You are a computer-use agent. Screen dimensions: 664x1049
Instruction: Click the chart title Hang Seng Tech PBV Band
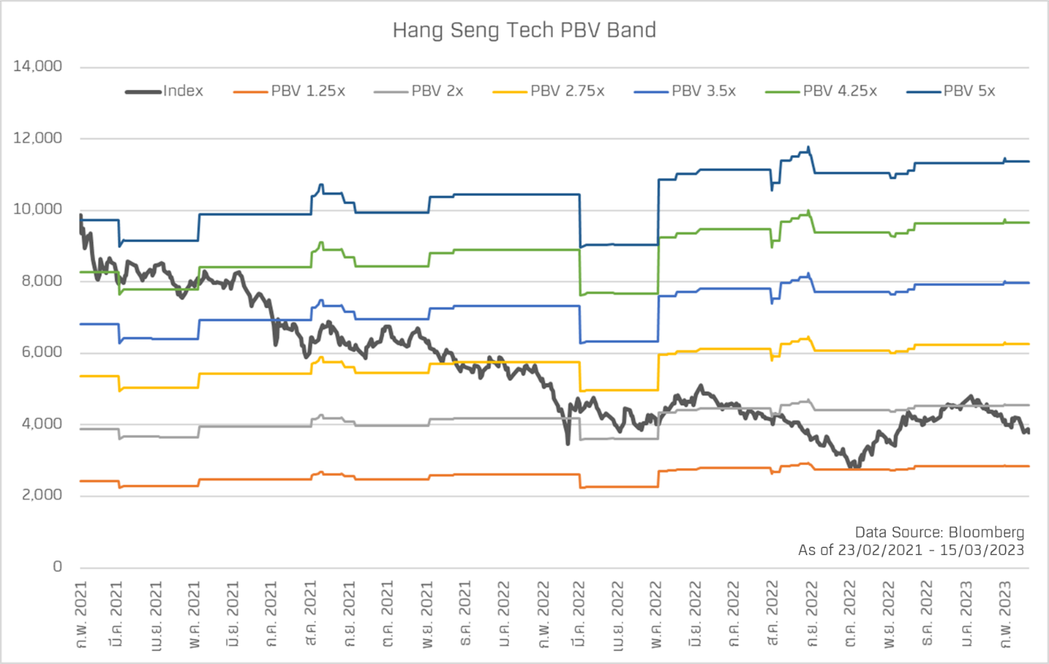[524, 30]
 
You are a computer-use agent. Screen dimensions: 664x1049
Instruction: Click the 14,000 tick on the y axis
[38, 67]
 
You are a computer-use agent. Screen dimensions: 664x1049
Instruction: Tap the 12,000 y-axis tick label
[38, 138]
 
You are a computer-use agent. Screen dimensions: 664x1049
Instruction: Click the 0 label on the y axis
[57, 566]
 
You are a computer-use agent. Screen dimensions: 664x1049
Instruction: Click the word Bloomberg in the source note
[986, 532]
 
